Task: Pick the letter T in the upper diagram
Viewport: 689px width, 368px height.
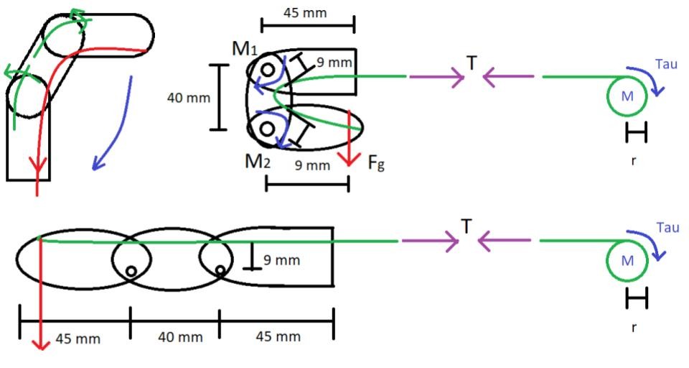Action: click(472, 64)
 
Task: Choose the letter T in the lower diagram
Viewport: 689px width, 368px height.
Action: click(467, 228)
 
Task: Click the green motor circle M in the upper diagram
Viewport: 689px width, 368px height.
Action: click(627, 97)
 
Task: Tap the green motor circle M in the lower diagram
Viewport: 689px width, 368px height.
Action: click(627, 261)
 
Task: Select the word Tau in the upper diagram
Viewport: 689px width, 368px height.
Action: click(665, 64)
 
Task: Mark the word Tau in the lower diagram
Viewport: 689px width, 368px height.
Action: click(667, 227)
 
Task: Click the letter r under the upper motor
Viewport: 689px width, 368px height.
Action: click(633, 161)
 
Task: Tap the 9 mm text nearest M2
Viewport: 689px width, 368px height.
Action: click(313, 165)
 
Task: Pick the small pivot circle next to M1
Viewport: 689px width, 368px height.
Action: click(267, 70)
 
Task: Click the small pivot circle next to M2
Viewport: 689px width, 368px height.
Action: click(266, 129)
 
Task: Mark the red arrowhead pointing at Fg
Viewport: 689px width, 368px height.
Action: click(349, 160)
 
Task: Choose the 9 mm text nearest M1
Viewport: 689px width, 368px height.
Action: click(334, 63)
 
